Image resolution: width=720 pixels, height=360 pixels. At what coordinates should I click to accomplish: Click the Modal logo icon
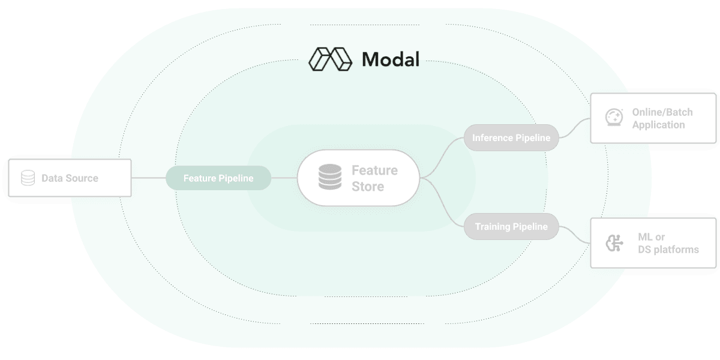[x=329, y=59]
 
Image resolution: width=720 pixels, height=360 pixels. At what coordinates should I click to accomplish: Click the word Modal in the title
[x=390, y=59]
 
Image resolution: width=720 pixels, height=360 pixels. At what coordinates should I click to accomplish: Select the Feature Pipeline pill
[x=218, y=178]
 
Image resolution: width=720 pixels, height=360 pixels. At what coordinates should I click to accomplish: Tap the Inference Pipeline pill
[x=511, y=138]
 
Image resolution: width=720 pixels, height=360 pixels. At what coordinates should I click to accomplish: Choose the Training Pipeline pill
[x=511, y=227]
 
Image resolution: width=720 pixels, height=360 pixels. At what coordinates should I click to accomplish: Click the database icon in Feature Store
[x=329, y=178]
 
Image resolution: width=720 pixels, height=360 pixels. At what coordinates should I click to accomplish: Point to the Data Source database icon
[x=28, y=178]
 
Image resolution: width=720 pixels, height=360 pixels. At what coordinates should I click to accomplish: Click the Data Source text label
[x=70, y=178]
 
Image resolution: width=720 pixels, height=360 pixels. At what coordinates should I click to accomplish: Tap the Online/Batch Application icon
[x=613, y=118]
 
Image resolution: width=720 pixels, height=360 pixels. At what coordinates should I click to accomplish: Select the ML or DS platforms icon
[x=613, y=243]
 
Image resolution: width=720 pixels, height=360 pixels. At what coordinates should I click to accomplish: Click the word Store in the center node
[x=368, y=187]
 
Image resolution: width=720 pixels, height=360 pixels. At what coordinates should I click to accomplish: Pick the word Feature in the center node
[x=374, y=170]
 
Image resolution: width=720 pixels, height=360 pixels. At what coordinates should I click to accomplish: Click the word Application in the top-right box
[x=658, y=125]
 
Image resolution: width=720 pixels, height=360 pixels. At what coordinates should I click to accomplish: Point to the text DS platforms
[x=668, y=249]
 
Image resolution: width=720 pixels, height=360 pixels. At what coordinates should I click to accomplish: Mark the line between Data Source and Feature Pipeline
[x=148, y=178]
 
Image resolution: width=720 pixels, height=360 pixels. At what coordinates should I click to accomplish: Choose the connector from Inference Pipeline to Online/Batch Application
[x=575, y=127]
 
